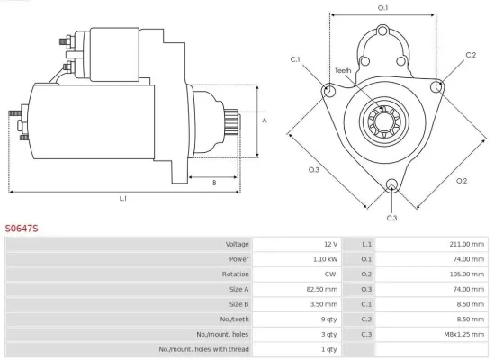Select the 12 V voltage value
point(329,244)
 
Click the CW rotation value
point(330,274)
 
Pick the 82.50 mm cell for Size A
point(320,289)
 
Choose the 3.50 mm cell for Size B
point(322,303)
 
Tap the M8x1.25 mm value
point(462,334)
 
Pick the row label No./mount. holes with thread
point(203,348)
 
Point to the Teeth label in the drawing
point(343,70)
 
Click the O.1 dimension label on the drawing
point(382,8)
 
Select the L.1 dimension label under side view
point(122,198)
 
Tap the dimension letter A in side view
point(264,119)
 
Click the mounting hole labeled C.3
point(391,186)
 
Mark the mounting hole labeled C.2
point(437,87)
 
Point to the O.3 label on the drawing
point(314,169)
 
